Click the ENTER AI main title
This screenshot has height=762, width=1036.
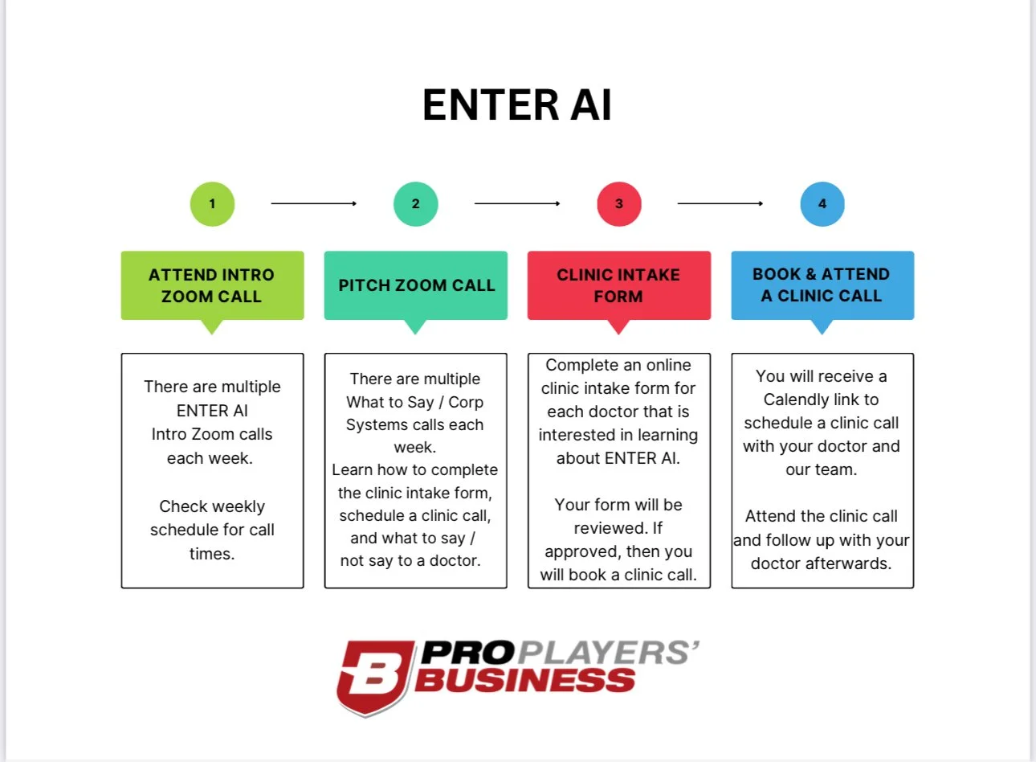pos(517,105)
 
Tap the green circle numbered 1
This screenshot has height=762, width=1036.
pos(212,203)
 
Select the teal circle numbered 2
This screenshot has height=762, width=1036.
pos(415,203)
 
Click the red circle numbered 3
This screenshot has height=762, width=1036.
pos(618,203)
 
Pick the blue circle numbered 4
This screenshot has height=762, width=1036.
pos(822,203)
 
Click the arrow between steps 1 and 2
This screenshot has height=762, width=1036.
pos(313,203)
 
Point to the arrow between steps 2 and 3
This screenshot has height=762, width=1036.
pos(517,203)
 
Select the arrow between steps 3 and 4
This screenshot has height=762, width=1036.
pos(720,203)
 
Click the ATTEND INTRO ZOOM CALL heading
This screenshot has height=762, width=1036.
pos(212,285)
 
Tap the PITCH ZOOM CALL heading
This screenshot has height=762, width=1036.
pos(416,285)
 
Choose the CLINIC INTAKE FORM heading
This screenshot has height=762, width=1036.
pos(618,285)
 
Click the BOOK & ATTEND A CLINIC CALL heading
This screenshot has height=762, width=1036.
pos(822,285)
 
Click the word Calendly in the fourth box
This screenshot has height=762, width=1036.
pos(796,399)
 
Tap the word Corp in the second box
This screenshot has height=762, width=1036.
pos(466,402)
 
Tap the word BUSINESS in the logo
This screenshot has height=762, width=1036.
pos(526,682)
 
